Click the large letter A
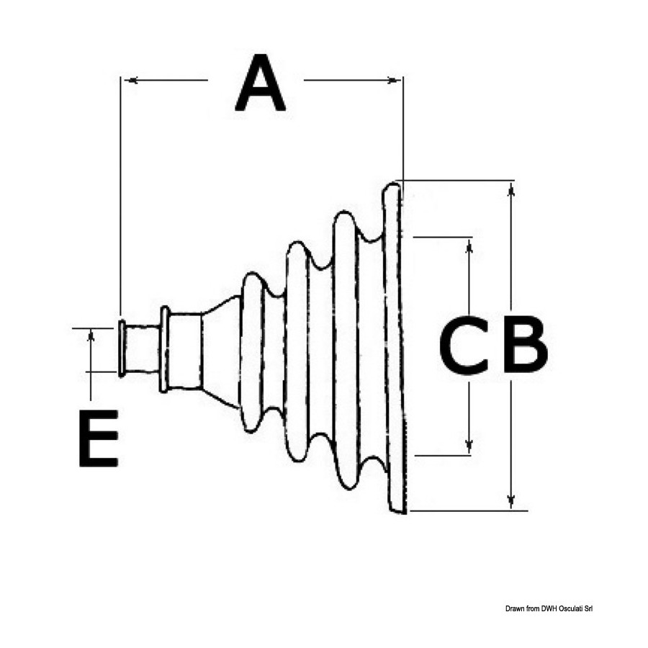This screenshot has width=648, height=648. click(260, 84)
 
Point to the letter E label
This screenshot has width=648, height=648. click(99, 438)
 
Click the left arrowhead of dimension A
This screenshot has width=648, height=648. click(132, 80)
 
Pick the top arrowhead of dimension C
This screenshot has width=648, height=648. click(469, 247)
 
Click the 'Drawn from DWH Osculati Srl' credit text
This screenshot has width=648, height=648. click(549, 608)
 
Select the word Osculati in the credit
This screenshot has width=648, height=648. click(570, 608)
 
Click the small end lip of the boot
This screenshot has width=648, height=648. click(122, 348)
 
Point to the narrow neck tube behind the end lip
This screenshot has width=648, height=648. click(143, 348)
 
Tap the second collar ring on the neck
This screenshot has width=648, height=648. click(165, 349)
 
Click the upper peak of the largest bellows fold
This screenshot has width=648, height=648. click(344, 215)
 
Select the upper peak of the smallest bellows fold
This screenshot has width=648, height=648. click(251, 276)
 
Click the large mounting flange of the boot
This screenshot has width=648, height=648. click(393, 347)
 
